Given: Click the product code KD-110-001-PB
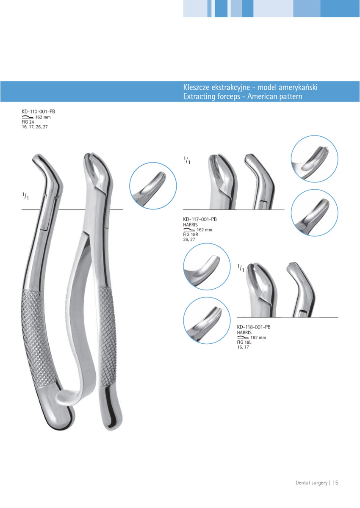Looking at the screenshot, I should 38,112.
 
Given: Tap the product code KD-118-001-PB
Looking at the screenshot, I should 254,327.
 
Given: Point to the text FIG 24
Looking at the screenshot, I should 28,122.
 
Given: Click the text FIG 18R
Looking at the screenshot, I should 191,235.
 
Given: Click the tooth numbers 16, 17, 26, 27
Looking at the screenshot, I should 35,127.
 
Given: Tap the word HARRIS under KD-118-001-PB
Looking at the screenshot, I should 244,332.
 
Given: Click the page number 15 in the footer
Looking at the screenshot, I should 335,482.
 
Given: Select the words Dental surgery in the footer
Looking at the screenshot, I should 311,482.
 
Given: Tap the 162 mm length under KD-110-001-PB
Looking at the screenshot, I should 43,117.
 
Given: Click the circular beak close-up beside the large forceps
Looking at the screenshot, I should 153,187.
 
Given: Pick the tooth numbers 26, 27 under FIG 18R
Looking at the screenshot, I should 189,240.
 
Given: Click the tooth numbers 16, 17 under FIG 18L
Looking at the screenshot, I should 243,348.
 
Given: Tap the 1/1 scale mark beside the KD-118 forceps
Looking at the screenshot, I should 241,268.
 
